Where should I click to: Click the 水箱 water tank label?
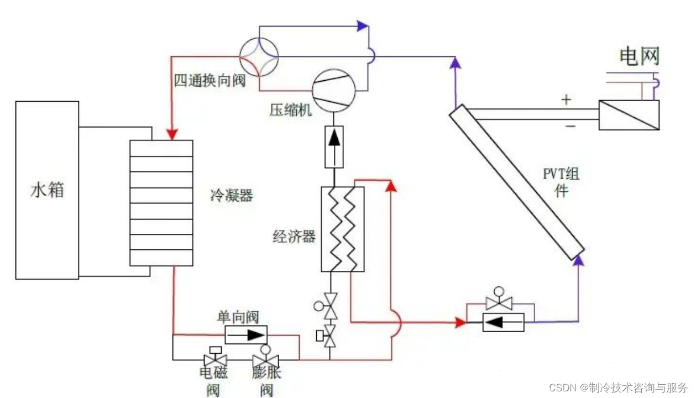(x=47, y=190)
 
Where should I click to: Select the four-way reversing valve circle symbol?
(x=259, y=56)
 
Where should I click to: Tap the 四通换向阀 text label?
(x=210, y=81)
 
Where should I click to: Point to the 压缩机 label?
(x=291, y=110)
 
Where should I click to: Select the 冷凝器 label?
(x=231, y=195)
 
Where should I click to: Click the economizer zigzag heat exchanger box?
(x=342, y=229)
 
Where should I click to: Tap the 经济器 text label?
(x=294, y=237)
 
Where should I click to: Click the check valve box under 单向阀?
(x=245, y=334)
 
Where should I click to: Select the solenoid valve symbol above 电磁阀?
(x=213, y=358)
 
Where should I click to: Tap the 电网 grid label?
(x=639, y=56)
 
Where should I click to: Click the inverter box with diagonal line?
(x=629, y=115)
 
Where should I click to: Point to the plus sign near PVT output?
(x=566, y=100)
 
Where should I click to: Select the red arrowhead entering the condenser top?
(x=172, y=134)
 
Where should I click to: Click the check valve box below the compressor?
(x=333, y=146)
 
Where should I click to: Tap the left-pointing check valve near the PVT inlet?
(x=503, y=322)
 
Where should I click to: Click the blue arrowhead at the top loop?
(x=362, y=25)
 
